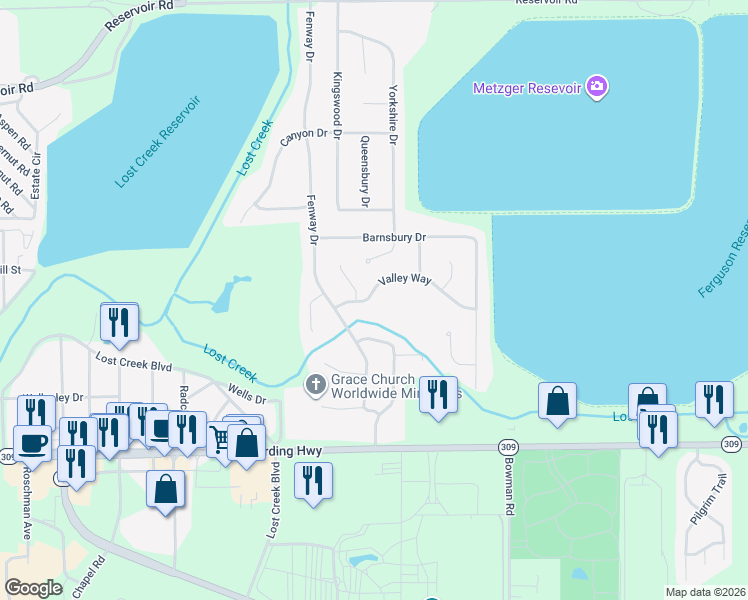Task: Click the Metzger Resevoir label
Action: (x=527, y=88)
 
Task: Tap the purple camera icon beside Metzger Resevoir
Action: (x=597, y=87)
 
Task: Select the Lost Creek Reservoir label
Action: (x=158, y=141)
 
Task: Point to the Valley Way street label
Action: (x=404, y=280)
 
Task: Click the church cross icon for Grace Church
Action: (x=316, y=384)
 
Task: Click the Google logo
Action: (x=33, y=588)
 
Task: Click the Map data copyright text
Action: (x=704, y=592)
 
